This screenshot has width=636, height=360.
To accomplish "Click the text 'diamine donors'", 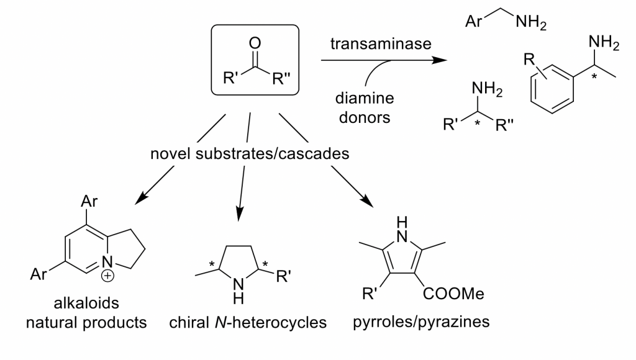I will [365, 107].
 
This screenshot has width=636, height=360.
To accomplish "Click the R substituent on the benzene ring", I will [529, 61].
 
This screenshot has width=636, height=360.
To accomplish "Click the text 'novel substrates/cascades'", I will [250, 153].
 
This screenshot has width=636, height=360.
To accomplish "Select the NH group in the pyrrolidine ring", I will [238, 289].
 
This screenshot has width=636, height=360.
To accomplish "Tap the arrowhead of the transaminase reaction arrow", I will [440, 61].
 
